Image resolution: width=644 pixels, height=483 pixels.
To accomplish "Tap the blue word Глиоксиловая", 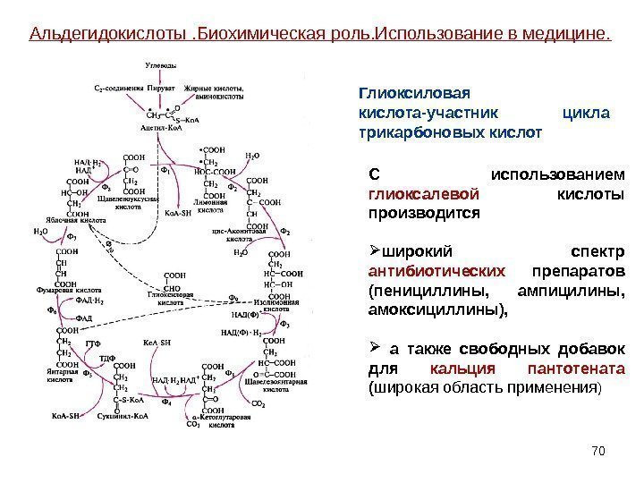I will tap(414, 92).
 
